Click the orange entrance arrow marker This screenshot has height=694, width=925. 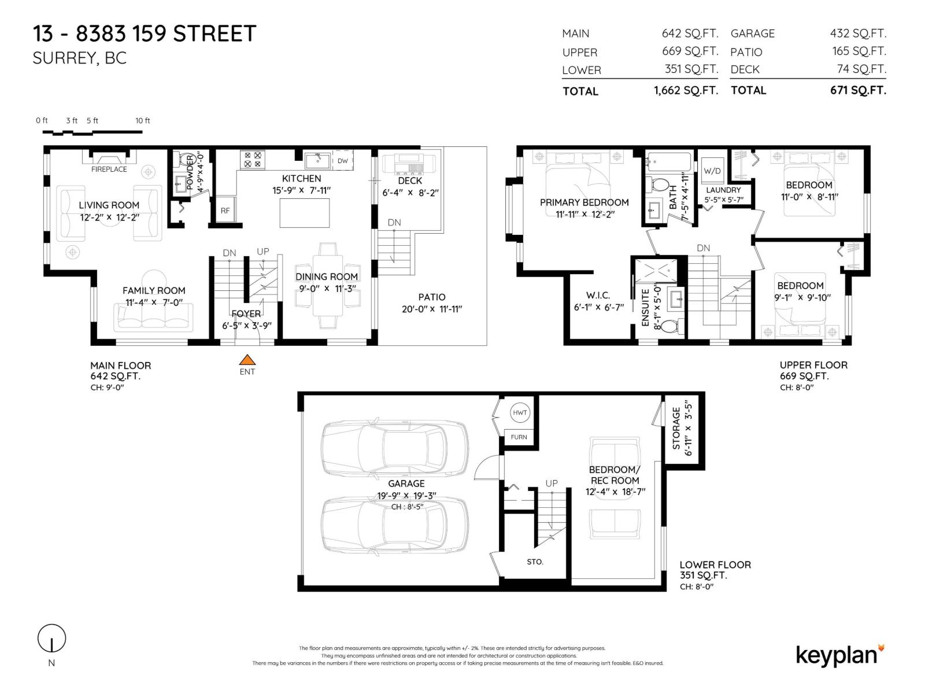tap(247, 360)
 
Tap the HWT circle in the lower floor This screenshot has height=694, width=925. tap(520, 412)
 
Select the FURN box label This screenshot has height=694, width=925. tap(519, 437)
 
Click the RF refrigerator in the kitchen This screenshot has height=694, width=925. tap(225, 211)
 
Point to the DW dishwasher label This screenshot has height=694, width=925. tap(343, 161)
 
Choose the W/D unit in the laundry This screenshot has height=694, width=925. tap(712, 171)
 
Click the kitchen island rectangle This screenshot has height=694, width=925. tap(304, 213)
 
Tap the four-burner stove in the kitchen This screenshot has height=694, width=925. tap(253, 160)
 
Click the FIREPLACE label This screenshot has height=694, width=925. tap(109, 169)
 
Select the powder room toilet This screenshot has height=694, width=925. tap(183, 161)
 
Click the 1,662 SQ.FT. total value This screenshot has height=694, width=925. tap(686, 91)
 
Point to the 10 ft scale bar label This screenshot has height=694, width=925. tap(142, 120)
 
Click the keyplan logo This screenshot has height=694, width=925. tap(840, 656)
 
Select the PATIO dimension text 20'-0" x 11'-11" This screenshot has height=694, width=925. tap(431, 309)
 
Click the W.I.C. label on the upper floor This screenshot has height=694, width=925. tap(598, 296)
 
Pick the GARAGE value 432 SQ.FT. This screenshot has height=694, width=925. tap(858, 33)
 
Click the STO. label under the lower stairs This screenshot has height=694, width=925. tap(535, 562)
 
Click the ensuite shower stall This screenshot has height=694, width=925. tap(656, 271)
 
